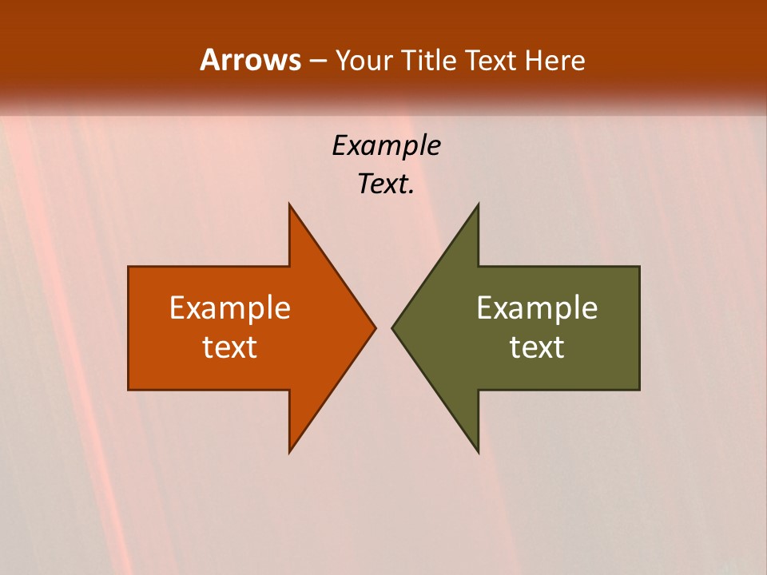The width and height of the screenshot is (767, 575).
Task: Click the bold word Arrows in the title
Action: (x=250, y=60)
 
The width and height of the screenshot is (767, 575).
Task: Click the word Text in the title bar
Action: (x=491, y=61)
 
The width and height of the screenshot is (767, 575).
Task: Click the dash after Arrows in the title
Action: (x=317, y=61)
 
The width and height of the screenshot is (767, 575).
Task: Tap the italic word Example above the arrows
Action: (x=386, y=145)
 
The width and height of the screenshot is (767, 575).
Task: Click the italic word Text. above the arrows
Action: (x=386, y=184)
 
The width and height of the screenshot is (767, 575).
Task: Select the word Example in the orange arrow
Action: (x=230, y=307)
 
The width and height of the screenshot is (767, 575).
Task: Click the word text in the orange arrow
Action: (x=230, y=347)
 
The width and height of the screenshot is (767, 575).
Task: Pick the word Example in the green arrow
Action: (x=537, y=307)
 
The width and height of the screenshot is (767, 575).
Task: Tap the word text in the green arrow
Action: (x=537, y=347)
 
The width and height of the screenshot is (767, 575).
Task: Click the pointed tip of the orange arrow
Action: (x=375, y=327)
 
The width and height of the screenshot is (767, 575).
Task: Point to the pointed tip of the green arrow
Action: (x=392, y=327)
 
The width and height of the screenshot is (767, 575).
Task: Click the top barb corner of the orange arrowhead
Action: (x=289, y=204)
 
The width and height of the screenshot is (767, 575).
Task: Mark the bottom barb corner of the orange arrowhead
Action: (x=289, y=452)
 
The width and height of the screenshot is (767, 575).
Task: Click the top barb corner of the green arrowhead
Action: (x=478, y=204)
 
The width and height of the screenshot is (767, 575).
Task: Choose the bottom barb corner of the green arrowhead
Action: (x=478, y=452)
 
